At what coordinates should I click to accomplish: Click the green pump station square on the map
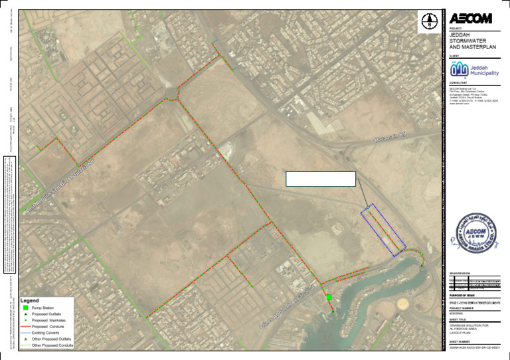point(329,297)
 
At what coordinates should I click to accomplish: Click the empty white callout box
point(321,179)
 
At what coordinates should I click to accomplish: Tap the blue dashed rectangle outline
point(382,229)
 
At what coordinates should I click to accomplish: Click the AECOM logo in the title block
point(471,18)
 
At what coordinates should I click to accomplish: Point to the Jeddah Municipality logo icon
point(459,69)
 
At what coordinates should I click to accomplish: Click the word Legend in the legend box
point(34,300)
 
